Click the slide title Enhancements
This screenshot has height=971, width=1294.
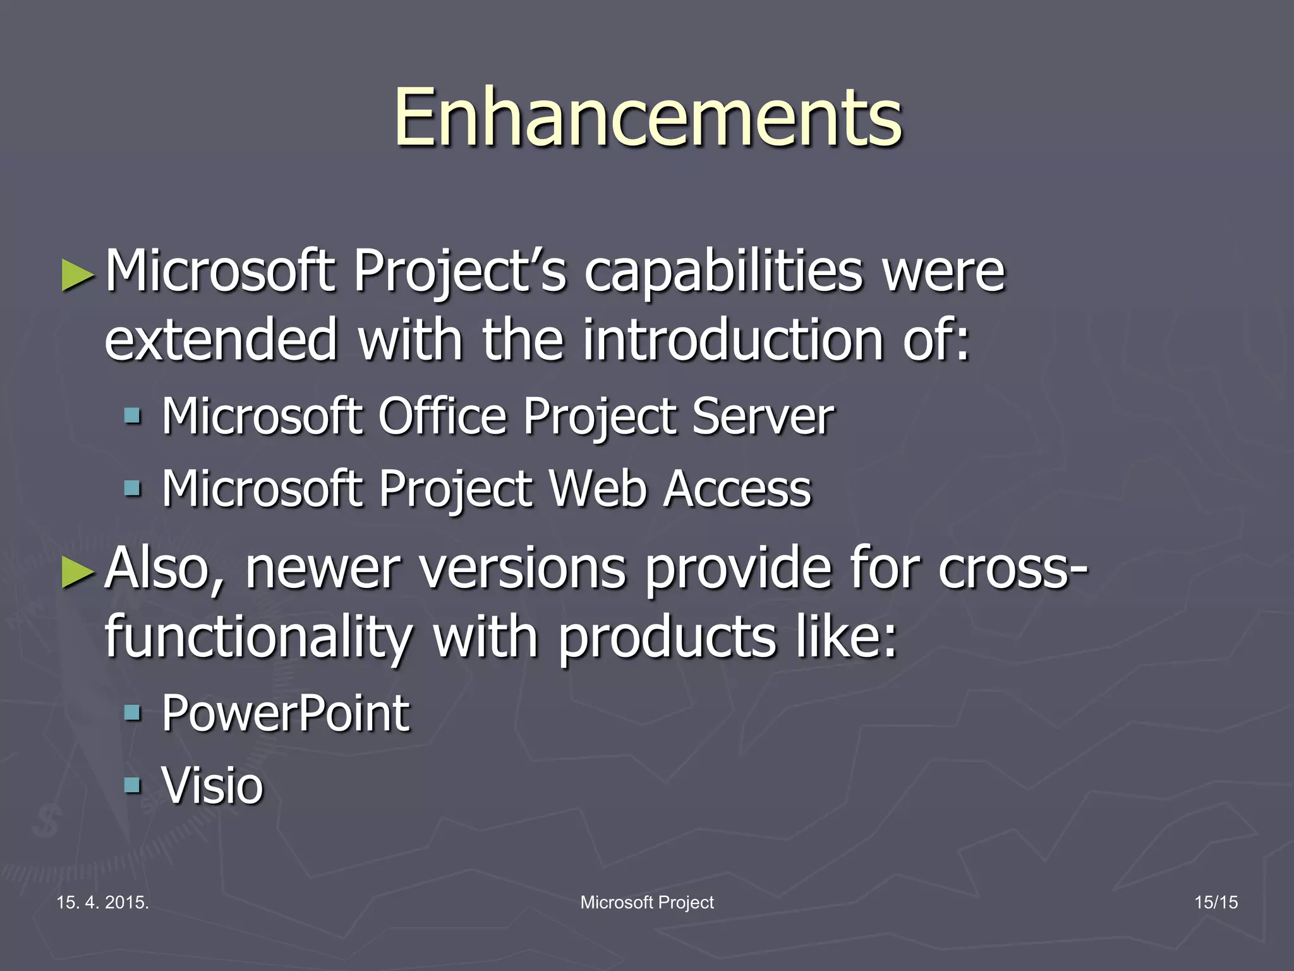point(648,118)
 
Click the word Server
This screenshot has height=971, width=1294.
point(763,417)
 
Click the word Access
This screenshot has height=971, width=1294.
point(737,489)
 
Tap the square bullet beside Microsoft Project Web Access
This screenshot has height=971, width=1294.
point(133,488)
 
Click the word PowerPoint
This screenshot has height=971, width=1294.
point(286,714)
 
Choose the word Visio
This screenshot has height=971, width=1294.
point(212,786)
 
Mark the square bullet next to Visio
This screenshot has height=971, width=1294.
point(133,785)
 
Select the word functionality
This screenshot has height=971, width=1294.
point(258,637)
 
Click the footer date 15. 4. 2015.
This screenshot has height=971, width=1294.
point(102,902)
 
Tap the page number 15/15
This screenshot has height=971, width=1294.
point(1216,902)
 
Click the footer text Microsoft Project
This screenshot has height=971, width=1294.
point(647,902)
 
